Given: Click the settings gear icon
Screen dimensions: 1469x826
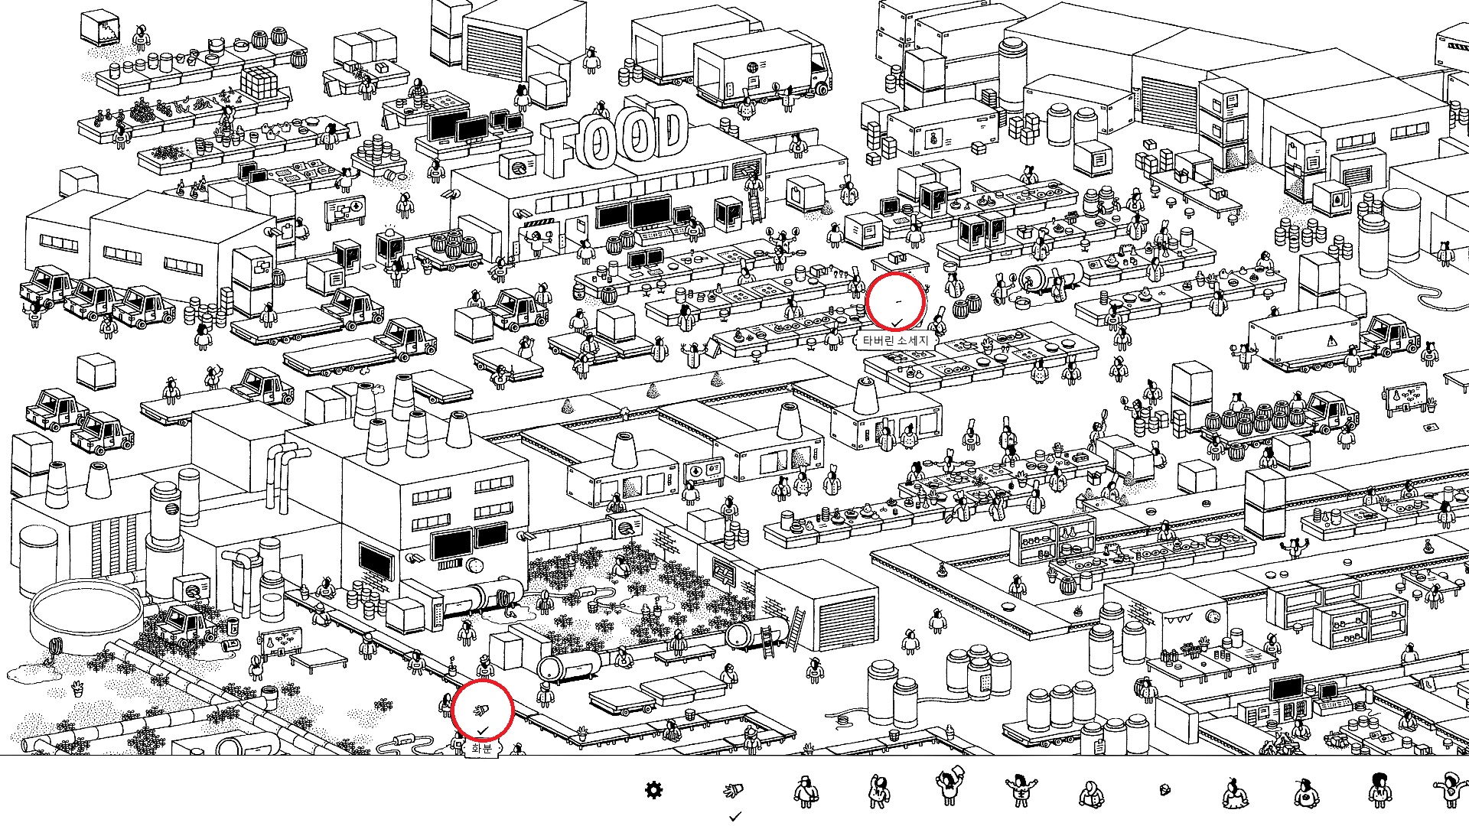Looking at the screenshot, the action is coord(653,790).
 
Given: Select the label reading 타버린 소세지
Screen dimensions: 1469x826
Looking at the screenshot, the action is coord(894,340).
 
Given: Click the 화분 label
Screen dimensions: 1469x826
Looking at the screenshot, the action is coord(481,748).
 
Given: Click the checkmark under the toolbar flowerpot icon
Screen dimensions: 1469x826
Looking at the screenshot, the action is coord(735,817).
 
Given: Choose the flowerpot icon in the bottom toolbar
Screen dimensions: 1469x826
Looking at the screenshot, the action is coord(733,790).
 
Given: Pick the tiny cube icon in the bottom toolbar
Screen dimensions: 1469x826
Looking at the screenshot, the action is coord(1164,789).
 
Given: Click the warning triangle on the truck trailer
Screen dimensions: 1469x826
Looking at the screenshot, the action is coord(1331,340).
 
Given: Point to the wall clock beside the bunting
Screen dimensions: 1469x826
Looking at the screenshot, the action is coord(1213,616).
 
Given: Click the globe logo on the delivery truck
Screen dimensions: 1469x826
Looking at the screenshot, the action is coord(752,68).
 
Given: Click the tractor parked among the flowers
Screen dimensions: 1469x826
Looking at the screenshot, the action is coord(184,623).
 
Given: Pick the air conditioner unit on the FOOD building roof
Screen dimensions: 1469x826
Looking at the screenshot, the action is coord(518,164).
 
